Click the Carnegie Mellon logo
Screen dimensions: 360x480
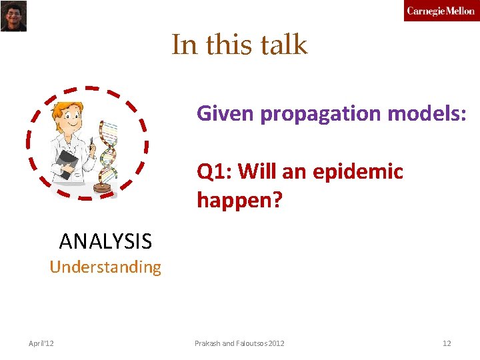[x=441, y=11]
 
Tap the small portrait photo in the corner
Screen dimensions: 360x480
[x=13, y=15]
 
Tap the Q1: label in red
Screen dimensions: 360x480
[x=214, y=171]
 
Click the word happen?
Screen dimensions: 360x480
[x=239, y=199]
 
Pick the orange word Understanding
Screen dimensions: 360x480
[x=105, y=267]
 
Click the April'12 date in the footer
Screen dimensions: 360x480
[x=41, y=343]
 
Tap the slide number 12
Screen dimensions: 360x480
[x=447, y=343]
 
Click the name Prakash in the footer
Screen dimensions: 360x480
[x=208, y=343]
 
